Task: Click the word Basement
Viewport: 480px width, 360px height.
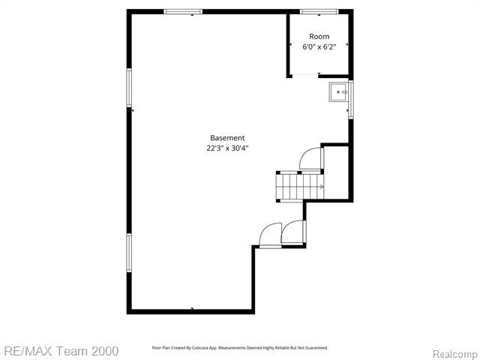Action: coord(227,138)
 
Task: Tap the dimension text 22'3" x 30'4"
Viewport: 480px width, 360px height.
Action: coord(227,148)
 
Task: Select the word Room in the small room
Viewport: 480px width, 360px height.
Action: coord(319,37)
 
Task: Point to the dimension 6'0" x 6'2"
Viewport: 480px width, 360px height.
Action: coord(319,46)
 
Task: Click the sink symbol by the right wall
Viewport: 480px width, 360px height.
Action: coord(338,92)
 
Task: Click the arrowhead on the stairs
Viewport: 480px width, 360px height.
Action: coord(322,187)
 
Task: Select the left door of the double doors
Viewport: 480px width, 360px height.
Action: coord(269,235)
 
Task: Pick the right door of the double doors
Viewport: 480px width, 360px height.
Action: coord(292,235)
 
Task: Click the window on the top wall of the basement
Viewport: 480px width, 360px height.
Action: coord(183,11)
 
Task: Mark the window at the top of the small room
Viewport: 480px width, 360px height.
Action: coord(319,11)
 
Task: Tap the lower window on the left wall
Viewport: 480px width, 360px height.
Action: coord(129,253)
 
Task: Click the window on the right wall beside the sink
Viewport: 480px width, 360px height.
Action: coord(351,100)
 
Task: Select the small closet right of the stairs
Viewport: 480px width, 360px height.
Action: coord(337,172)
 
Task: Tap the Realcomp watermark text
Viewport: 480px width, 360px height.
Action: coord(453,353)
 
